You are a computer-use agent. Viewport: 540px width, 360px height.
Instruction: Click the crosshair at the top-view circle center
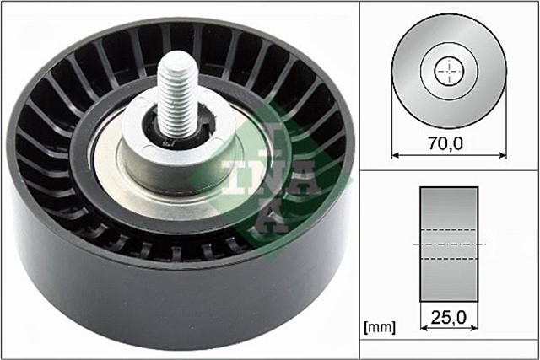[450, 72]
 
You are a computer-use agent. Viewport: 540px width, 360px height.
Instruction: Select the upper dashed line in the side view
[450, 230]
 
